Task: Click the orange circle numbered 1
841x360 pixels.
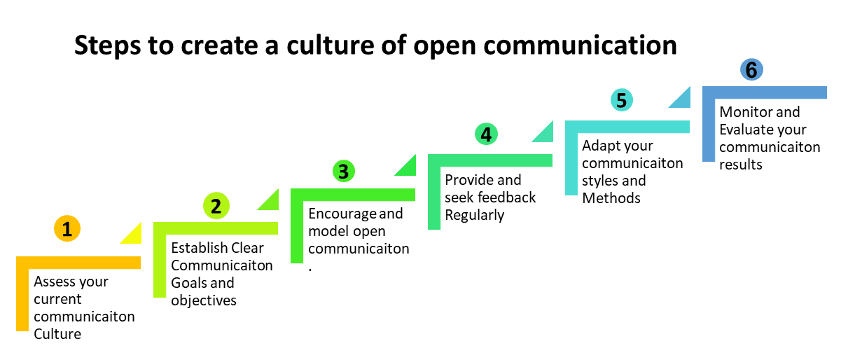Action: pos(67,228)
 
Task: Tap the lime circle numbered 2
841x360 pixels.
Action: pos(216,206)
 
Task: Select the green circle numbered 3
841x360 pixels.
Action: pos(344,171)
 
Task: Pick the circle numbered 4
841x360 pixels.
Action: pos(486,134)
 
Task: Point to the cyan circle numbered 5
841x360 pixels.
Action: pos(622,100)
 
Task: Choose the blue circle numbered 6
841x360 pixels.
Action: pos(751,69)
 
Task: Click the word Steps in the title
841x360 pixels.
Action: pos(107,46)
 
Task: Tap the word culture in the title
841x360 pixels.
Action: pos(331,45)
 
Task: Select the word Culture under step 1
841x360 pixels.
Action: pos(57,333)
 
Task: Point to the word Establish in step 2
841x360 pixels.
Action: pos(199,248)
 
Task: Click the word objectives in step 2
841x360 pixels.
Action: pos(204,300)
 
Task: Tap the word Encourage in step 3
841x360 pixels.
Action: pos(342,214)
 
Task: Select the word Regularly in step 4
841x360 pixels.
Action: pos(475,216)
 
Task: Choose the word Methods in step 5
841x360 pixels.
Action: pos(611,198)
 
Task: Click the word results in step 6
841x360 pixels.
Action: pos(741,165)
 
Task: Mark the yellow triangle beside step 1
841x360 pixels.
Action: pos(134,237)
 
